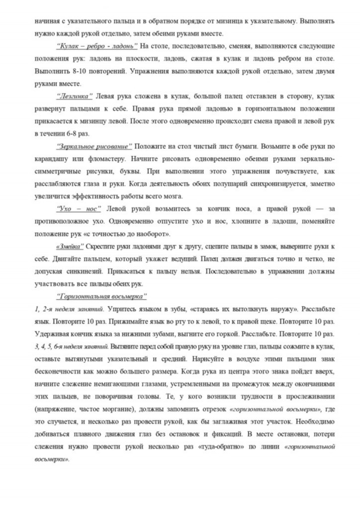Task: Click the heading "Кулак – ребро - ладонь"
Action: click(97, 46)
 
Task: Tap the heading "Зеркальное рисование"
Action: click(94, 147)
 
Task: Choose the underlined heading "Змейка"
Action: click(70, 247)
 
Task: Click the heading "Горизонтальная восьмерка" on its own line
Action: click(102, 297)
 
